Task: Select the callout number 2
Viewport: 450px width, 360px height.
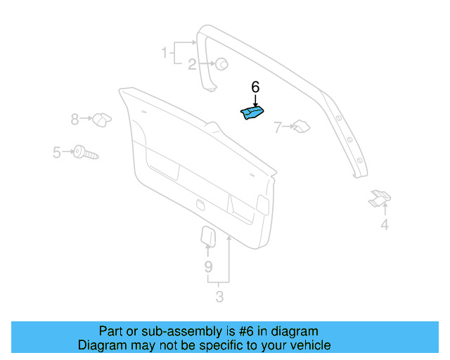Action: tap(192, 65)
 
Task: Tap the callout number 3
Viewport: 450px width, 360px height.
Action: tap(219, 297)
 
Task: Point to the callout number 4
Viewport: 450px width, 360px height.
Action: tap(385, 225)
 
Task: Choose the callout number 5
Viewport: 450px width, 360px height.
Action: tap(57, 151)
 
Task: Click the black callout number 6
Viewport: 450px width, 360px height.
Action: tap(255, 87)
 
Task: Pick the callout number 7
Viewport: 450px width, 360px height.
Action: tap(278, 127)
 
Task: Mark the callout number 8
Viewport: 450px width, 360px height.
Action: tap(75, 120)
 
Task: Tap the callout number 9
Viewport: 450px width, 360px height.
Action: tap(208, 266)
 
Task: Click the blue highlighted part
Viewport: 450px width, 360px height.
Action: tap(253, 113)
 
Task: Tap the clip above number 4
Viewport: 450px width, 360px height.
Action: tap(380, 198)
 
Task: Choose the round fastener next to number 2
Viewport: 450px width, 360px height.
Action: tap(221, 64)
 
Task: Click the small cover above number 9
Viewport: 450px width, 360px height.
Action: tap(208, 236)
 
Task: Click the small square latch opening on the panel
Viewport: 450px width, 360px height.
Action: tap(200, 205)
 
